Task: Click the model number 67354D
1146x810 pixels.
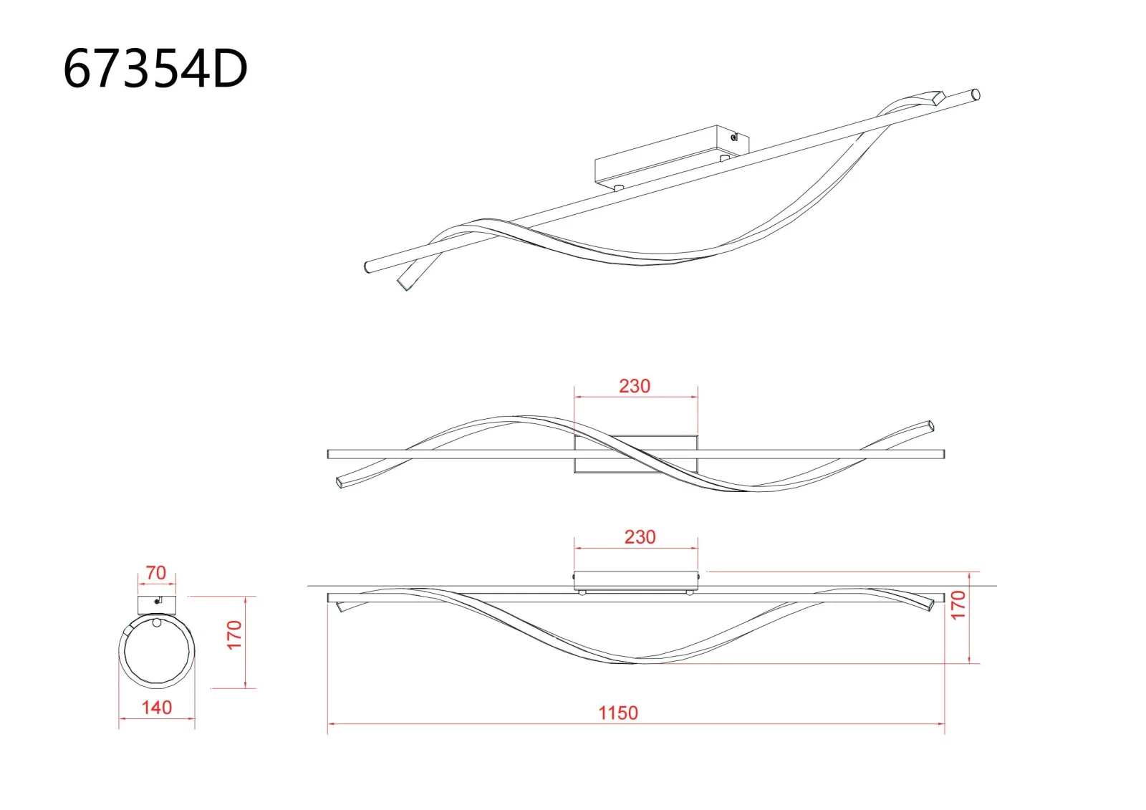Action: pyautogui.click(x=155, y=69)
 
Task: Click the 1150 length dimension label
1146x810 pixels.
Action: pyautogui.click(x=619, y=713)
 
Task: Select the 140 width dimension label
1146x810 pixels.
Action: pyautogui.click(x=157, y=708)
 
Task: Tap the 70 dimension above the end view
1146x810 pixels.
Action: pyautogui.click(x=156, y=572)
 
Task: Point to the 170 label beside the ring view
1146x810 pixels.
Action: pyautogui.click(x=234, y=635)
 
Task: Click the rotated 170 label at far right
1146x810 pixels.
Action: pyautogui.click(x=958, y=604)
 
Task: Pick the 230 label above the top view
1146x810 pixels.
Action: pyautogui.click(x=635, y=386)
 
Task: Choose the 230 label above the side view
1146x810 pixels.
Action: pyautogui.click(x=640, y=536)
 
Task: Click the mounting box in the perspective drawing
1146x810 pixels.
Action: pyautogui.click(x=672, y=158)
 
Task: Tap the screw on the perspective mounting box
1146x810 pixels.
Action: pyautogui.click(x=734, y=137)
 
